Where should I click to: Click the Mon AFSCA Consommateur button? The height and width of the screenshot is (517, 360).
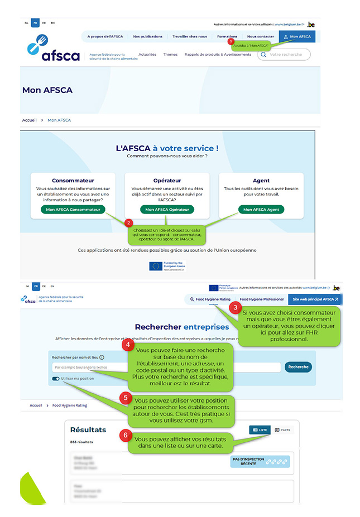tap(73, 210)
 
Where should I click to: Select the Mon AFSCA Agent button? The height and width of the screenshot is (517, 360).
tap(261, 210)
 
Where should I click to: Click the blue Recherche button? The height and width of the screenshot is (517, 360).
tap(298, 367)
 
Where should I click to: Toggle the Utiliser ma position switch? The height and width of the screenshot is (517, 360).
tap(56, 378)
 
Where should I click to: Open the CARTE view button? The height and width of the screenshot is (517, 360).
tap(283, 430)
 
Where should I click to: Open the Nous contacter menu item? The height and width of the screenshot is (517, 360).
tap(261, 37)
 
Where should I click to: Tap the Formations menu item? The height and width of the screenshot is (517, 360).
tap(227, 37)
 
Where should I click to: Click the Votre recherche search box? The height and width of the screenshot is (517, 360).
tap(284, 55)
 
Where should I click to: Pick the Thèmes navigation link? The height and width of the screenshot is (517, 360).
tap(170, 55)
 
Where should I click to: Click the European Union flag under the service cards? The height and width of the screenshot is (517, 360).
tap(156, 265)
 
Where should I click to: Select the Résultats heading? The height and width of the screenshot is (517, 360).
tap(88, 430)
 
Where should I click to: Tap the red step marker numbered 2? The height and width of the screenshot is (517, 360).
tap(129, 223)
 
